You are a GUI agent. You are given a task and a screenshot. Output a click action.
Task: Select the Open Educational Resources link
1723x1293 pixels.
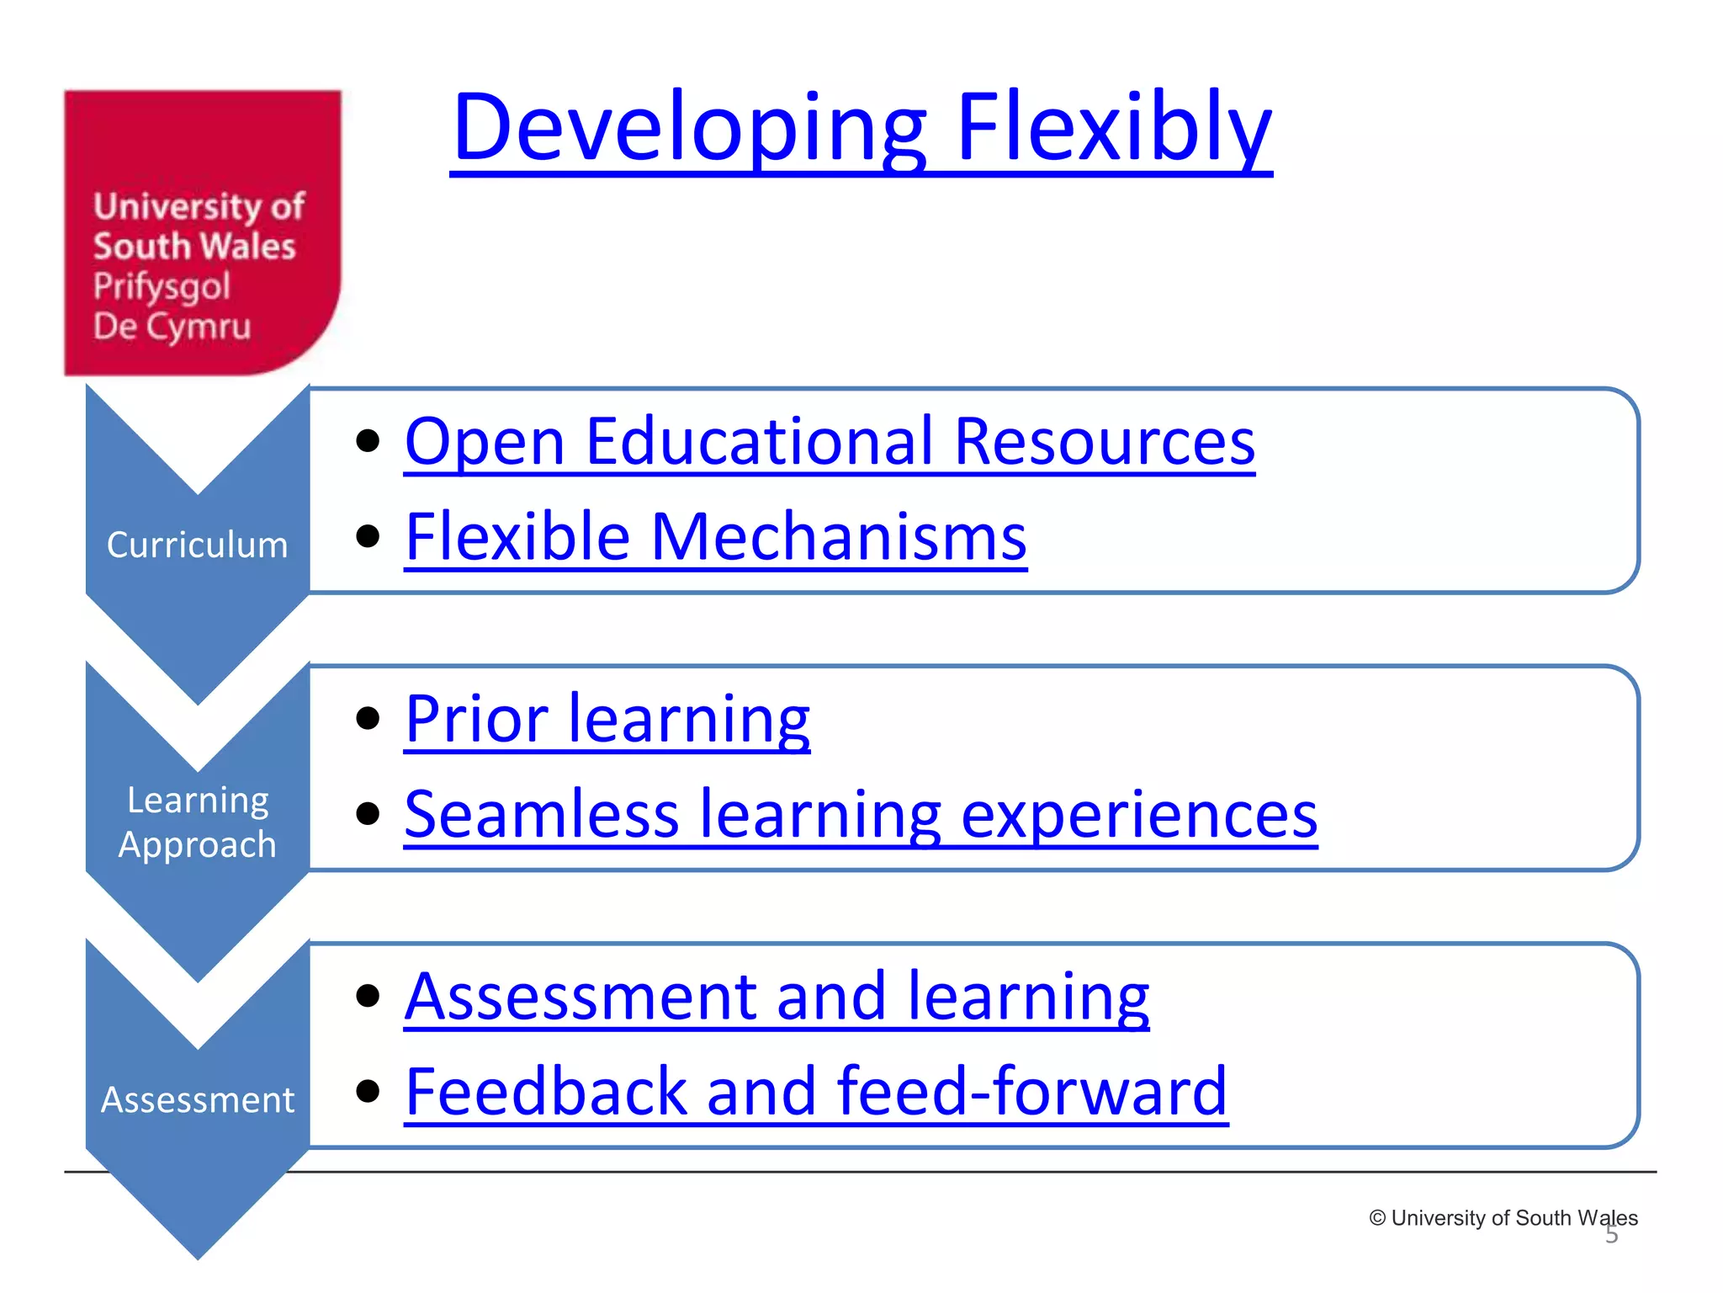click(x=829, y=441)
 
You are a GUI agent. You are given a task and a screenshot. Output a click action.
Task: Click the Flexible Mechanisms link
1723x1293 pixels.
click(x=715, y=537)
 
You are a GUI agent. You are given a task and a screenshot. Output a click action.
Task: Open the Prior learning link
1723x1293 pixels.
click(x=607, y=720)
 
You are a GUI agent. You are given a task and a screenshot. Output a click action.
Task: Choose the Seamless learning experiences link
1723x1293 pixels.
click(x=860, y=815)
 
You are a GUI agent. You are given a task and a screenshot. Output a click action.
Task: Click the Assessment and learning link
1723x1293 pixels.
click(x=776, y=997)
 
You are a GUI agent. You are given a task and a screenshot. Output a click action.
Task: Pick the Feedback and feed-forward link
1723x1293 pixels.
click(x=815, y=1092)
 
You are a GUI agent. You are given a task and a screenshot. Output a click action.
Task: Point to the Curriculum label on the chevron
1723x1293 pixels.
click(x=197, y=545)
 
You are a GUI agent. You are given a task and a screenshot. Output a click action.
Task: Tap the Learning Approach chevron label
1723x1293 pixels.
click(x=197, y=822)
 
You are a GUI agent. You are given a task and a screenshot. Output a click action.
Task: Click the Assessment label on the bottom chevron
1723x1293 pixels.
click(x=197, y=1100)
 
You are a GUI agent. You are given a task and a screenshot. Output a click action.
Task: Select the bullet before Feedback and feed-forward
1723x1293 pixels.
click(x=368, y=1091)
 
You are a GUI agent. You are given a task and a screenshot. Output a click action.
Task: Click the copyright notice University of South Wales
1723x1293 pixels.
click(x=1503, y=1218)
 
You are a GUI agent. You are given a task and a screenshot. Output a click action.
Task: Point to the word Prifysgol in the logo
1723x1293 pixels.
click(x=162, y=286)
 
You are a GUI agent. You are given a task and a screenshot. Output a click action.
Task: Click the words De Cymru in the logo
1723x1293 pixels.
click(x=172, y=327)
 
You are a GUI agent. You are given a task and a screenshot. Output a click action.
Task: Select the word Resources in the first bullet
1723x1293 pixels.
click(x=1104, y=441)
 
